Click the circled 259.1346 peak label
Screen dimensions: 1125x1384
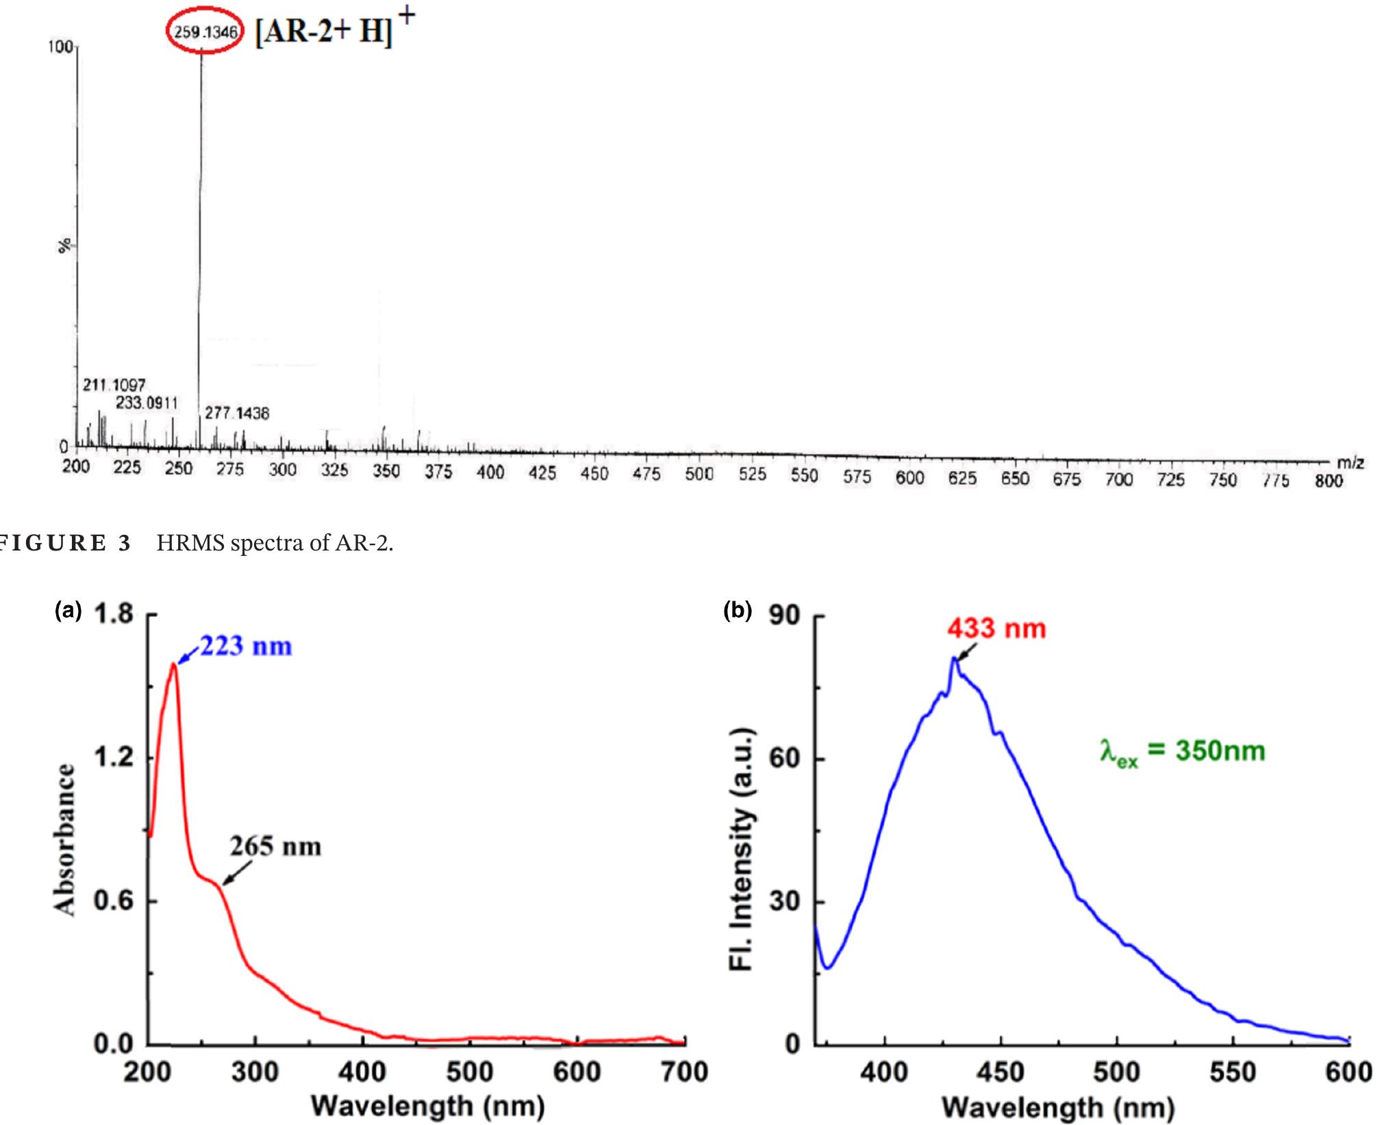tap(205, 32)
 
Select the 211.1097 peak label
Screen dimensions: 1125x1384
tap(114, 385)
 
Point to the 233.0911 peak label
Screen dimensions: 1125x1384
tap(146, 403)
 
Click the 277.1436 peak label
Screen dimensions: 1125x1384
tap(237, 413)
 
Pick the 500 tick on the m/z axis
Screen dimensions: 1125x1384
tap(699, 474)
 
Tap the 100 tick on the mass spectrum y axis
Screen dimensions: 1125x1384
tap(60, 47)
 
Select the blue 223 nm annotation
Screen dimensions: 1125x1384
tap(246, 646)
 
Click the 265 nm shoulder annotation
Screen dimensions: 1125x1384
tap(275, 847)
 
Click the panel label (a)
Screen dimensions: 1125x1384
tap(68, 611)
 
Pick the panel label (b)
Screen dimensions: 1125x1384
tap(738, 611)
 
